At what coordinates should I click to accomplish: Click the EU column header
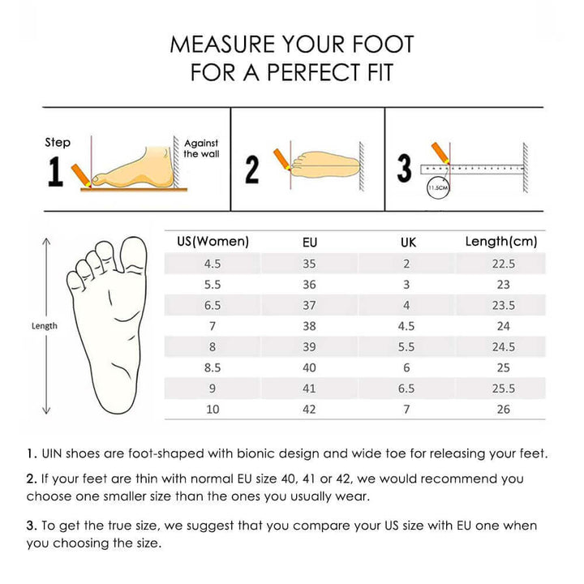(x=310, y=243)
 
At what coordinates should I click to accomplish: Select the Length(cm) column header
(x=501, y=242)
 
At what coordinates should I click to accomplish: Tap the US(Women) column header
(x=213, y=242)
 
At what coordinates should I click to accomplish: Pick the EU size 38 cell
(x=309, y=326)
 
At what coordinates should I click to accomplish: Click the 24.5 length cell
(x=504, y=347)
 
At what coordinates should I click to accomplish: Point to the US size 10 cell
(x=213, y=410)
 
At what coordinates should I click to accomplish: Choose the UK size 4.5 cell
(x=406, y=326)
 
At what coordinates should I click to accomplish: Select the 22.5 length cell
(x=504, y=264)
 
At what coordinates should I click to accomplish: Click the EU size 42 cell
(x=309, y=410)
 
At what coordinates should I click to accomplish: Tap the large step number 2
(x=252, y=170)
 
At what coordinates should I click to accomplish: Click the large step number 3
(x=405, y=169)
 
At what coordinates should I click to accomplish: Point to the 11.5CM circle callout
(x=438, y=187)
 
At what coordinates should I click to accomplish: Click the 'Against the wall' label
(x=201, y=148)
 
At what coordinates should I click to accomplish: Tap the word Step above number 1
(x=58, y=143)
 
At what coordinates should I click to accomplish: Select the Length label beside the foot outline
(x=45, y=326)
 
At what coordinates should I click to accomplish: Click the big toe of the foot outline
(x=133, y=255)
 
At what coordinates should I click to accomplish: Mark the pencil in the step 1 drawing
(x=81, y=175)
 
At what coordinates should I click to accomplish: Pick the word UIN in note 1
(x=50, y=453)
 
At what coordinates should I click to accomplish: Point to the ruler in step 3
(x=472, y=170)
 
